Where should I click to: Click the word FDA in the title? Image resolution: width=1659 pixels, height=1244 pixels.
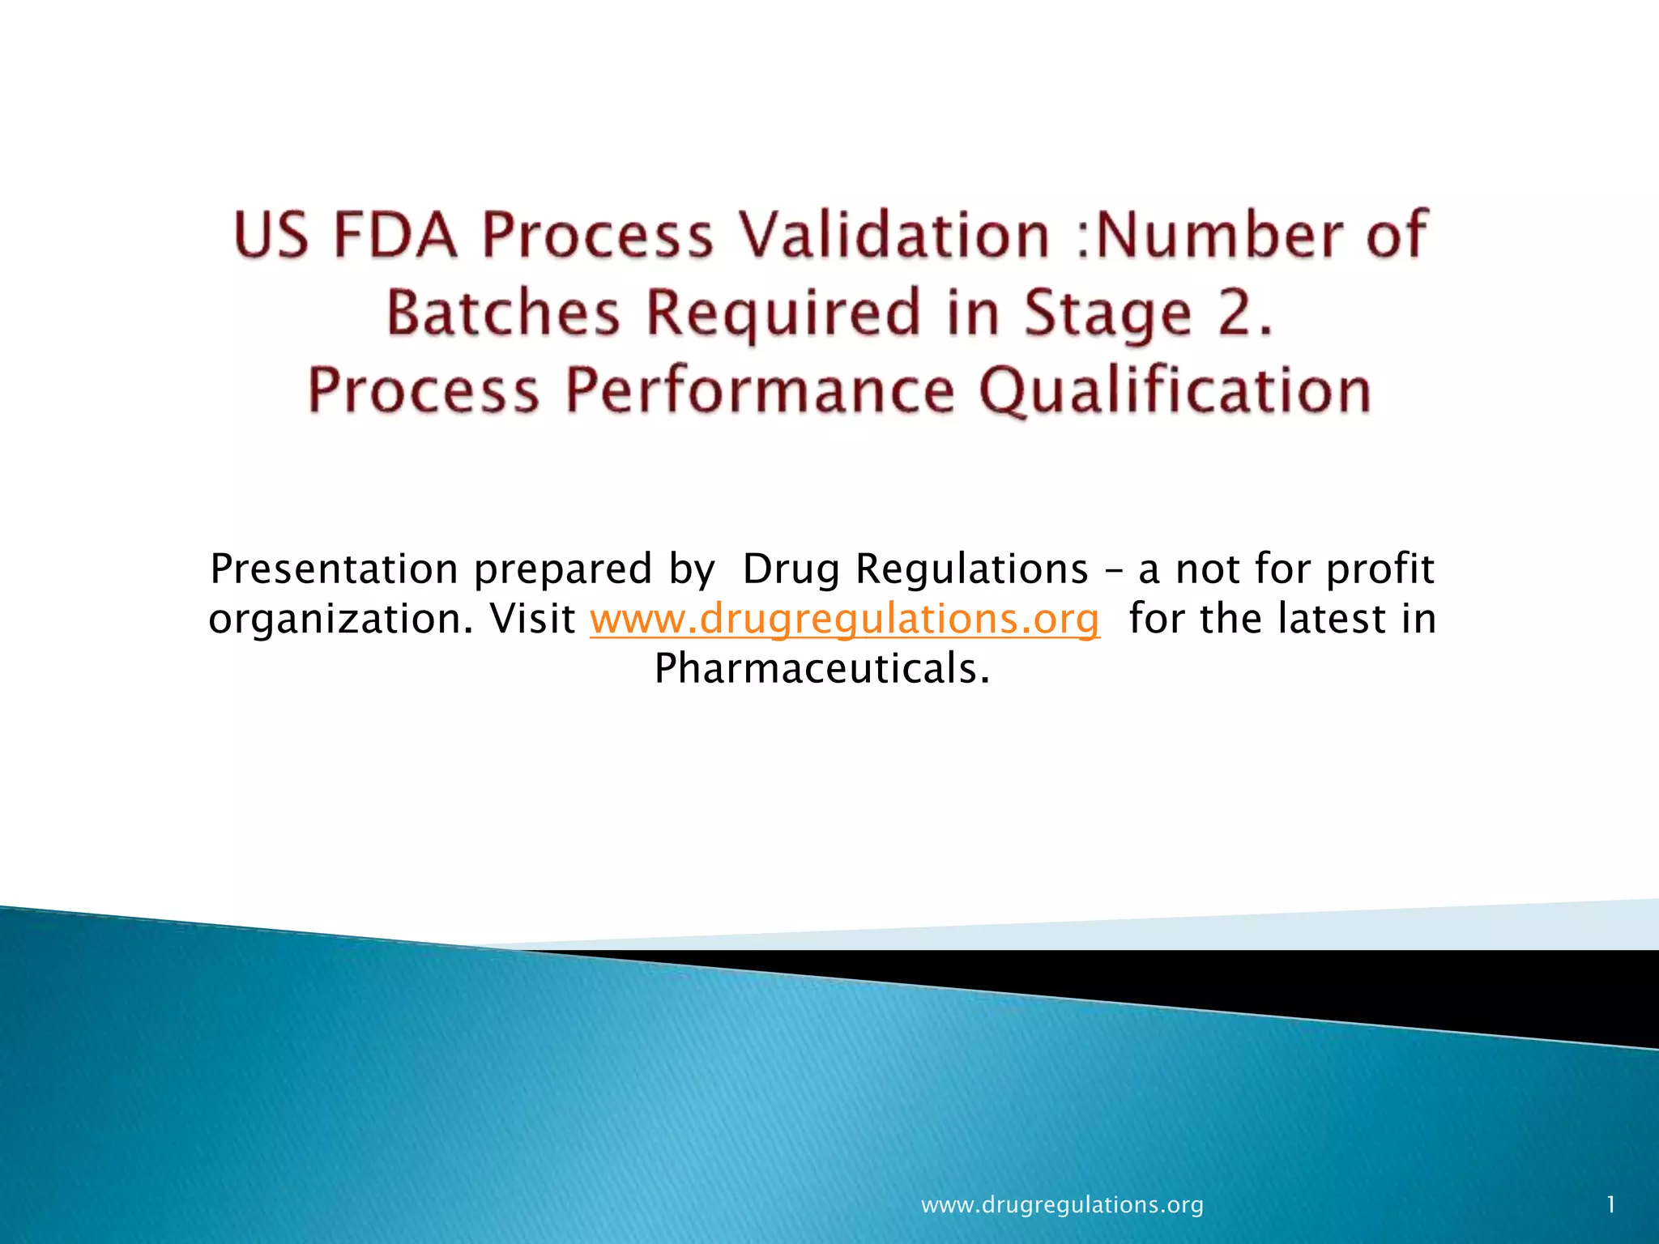point(395,235)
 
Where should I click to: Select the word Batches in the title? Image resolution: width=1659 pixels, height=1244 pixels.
point(503,313)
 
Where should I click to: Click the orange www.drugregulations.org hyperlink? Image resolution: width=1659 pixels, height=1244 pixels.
point(845,619)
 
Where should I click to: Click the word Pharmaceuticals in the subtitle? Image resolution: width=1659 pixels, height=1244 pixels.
point(821,669)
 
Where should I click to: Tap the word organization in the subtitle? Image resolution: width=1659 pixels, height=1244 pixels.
point(340,619)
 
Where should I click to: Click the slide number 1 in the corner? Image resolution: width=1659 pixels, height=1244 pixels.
point(1611,1205)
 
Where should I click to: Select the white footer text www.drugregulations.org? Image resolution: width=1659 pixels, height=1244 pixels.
point(1062,1205)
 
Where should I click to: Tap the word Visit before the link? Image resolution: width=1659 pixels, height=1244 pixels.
point(532,619)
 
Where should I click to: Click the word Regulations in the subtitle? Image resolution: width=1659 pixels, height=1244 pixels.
point(972,569)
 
